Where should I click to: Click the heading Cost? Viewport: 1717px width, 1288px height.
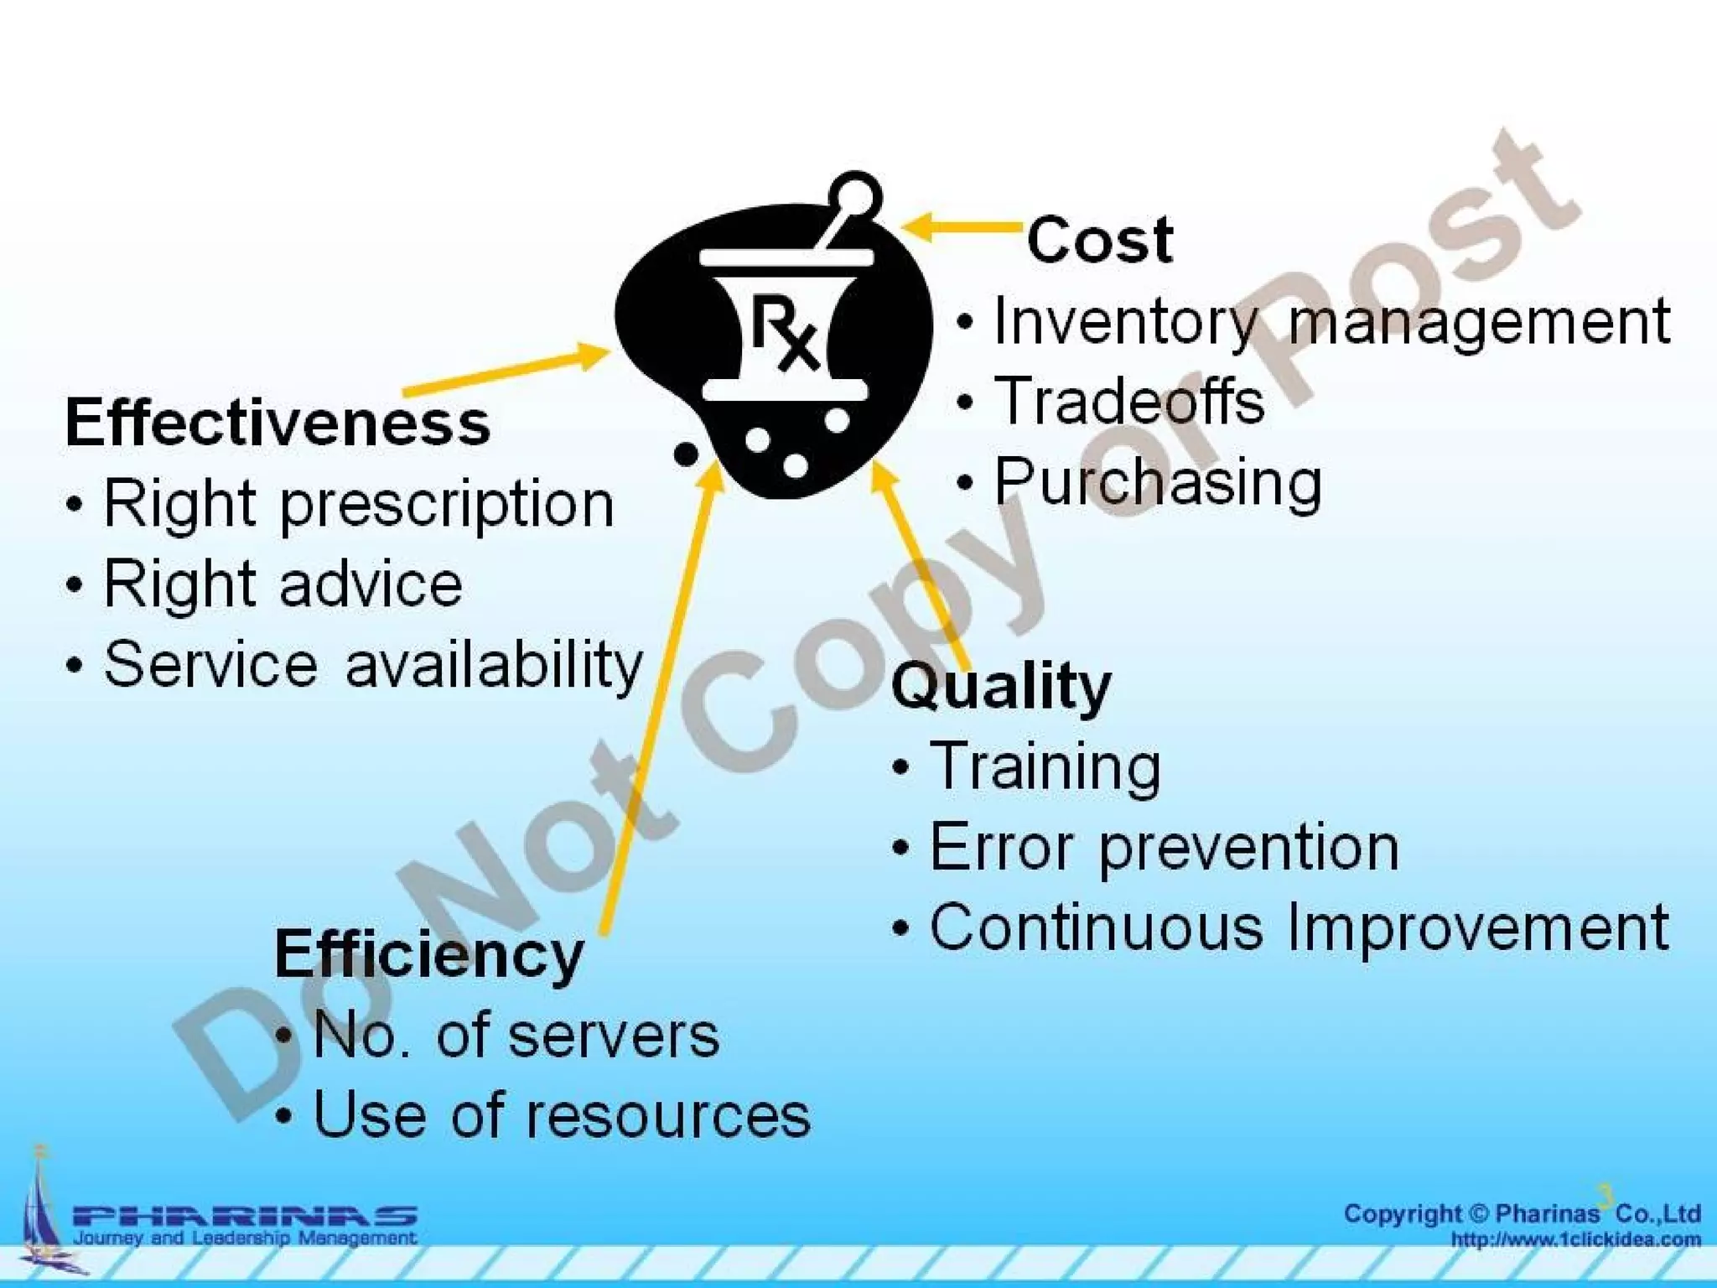click(1099, 240)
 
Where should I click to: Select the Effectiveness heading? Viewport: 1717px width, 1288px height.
click(278, 423)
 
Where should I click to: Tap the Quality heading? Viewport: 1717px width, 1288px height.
click(1001, 687)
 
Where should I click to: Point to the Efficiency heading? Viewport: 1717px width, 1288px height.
click(428, 954)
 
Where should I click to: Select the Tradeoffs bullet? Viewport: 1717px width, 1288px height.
click(1128, 401)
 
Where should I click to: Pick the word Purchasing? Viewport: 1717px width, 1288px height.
click(1158, 482)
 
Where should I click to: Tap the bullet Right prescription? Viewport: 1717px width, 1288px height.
click(358, 505)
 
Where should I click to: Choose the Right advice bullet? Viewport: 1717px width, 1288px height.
click(283, 584)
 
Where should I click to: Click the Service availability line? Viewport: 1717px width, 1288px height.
click(373, 664)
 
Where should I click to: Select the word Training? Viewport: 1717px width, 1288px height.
click(1045, 766)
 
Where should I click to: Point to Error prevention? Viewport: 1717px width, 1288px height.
click(1164, 847)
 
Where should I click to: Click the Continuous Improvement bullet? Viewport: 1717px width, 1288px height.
click(1299, 927)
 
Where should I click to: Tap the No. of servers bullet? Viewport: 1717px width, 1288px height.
click(516, 1035)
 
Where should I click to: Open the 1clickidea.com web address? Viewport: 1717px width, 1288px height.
click(1575, 1239)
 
